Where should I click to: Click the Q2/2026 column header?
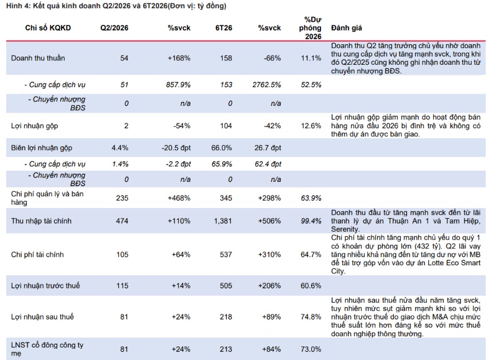point(114,28)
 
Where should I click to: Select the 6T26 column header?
point(223,28)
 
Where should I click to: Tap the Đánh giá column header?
point(346,28)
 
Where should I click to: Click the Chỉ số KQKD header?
point(48,28)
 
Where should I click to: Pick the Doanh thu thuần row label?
point(38,58)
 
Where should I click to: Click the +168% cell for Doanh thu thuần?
point(179,58)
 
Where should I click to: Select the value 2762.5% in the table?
point(266,85)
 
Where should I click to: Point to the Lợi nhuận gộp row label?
point(34,126)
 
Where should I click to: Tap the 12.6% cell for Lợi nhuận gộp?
point(311,126)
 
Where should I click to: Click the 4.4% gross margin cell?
point(120,148)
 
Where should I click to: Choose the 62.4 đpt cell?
point(268,164)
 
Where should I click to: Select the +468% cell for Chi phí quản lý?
point(179,198)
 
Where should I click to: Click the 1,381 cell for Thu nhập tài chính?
point(223,221)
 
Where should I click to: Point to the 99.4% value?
point(311,221)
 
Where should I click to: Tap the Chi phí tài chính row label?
point(37,255)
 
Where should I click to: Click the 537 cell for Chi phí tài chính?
point(226,255)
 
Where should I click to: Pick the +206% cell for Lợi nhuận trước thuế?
point(269,285)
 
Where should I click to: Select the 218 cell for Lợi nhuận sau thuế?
point(226,317)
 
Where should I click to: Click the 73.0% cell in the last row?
point(311,349)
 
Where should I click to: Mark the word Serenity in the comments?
point(345,229)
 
